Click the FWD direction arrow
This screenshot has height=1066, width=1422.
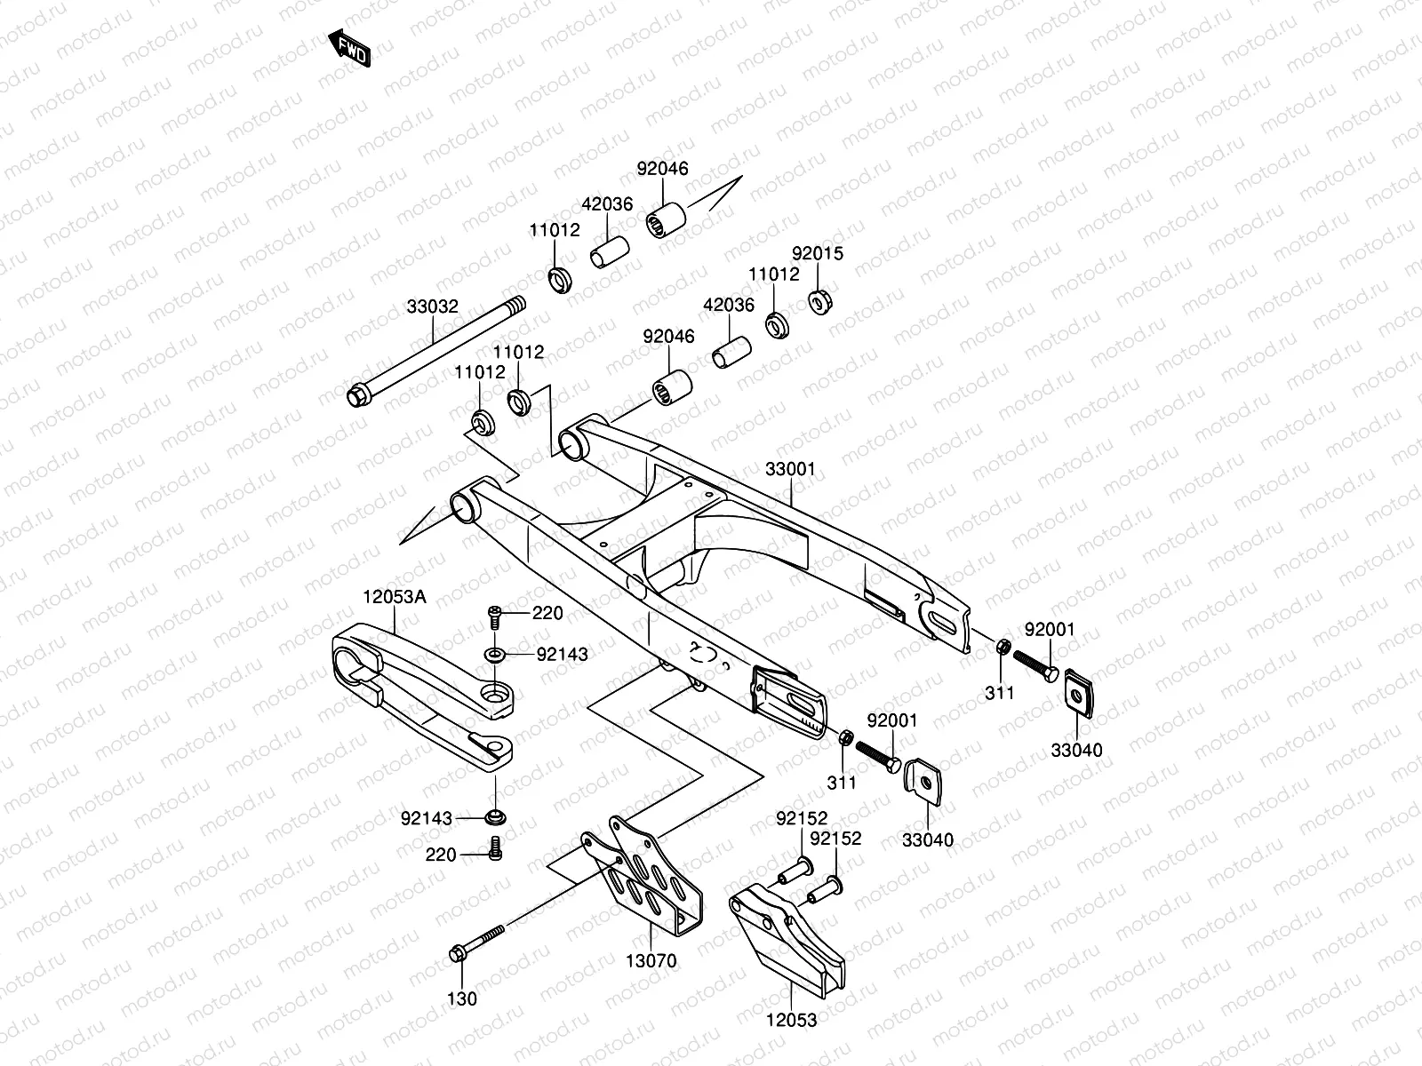coord(348,48)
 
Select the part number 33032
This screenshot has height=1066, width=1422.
coord(433,307)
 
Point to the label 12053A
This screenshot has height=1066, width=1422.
coord(394,597)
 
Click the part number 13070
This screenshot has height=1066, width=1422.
coord(651,960)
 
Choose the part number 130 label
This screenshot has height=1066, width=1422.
coord(462,998)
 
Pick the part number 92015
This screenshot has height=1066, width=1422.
coord(818,254)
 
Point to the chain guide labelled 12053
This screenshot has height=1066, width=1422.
coord(787,942)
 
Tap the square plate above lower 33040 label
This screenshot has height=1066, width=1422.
coord(925,779)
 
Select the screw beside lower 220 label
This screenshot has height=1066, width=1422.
coord(495,850)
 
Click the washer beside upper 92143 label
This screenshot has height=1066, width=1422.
coord(495,656)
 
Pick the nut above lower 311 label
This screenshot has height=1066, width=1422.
coord(847,737)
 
